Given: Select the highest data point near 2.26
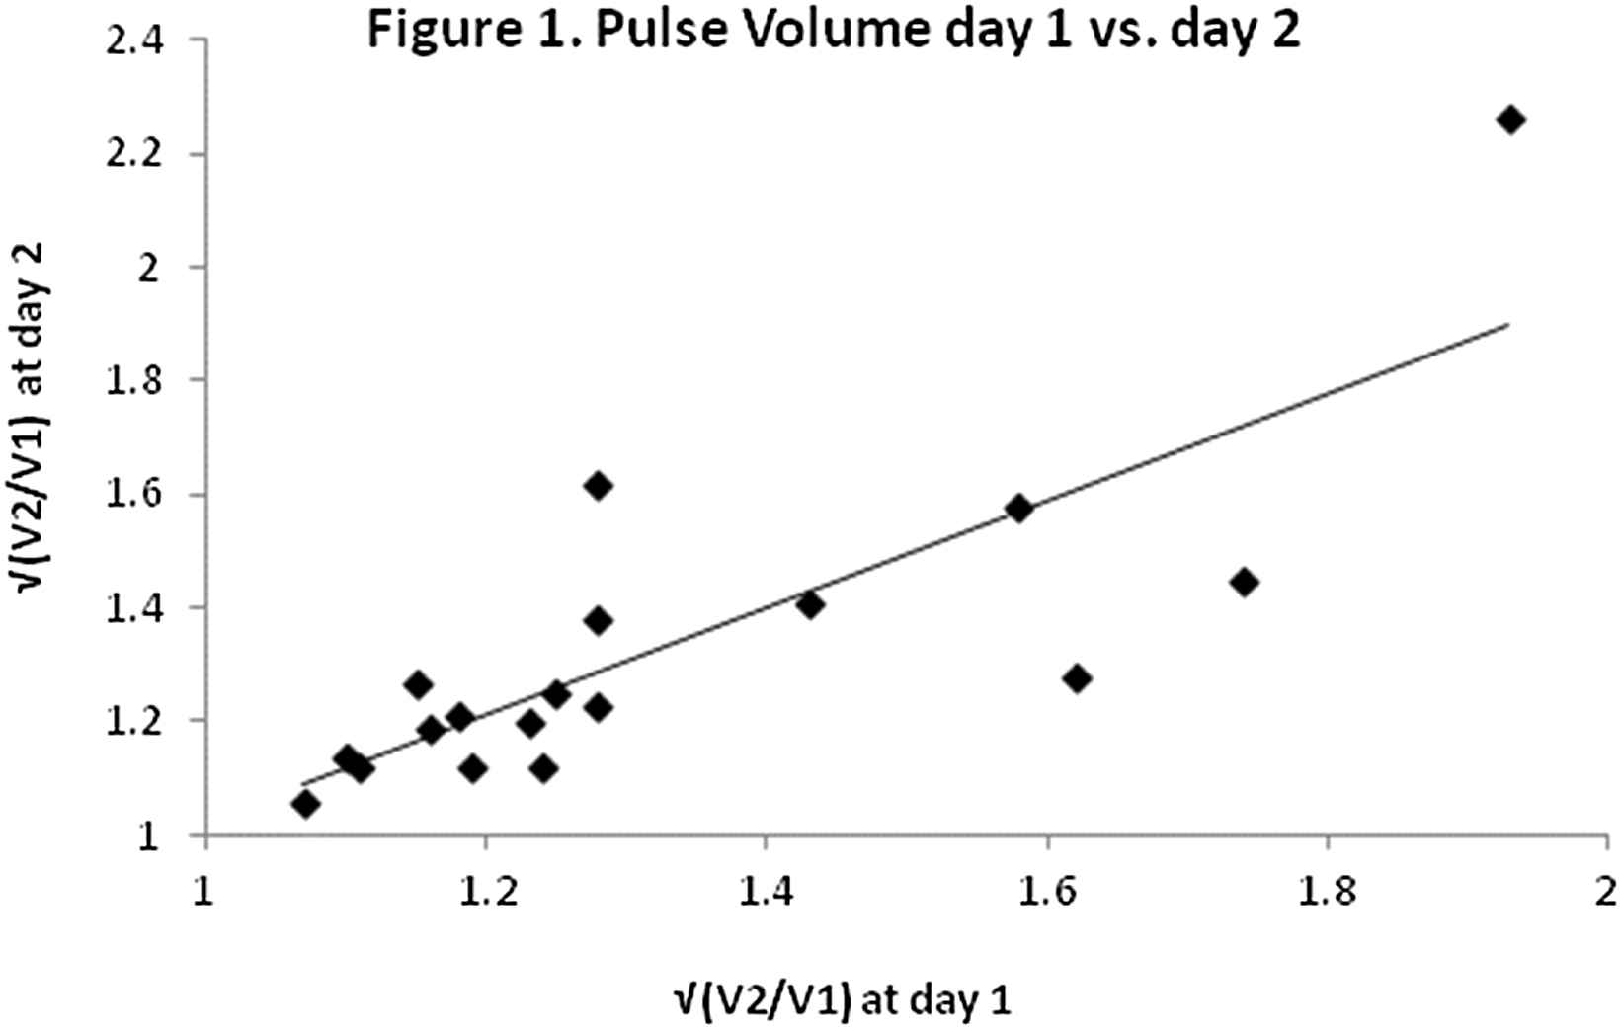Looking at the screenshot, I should pos(1510,120).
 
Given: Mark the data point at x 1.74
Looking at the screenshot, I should pos(1245,582).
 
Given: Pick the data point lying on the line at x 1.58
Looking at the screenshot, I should pos(1019,509).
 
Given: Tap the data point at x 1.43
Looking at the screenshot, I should pos(810,604).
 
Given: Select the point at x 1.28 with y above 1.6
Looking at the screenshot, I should pos(598,486).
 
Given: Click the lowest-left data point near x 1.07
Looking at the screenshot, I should pos(305,804).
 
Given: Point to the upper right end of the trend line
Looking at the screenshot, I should pos(1508,324).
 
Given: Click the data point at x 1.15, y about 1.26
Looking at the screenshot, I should pos(418,684).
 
